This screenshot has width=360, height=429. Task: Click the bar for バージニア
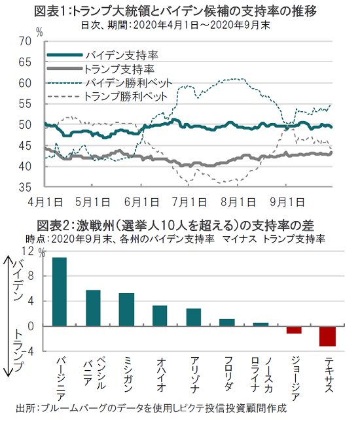(60, 292)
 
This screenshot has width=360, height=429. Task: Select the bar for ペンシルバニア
(93, 308)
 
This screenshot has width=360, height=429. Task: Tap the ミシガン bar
(126, 309)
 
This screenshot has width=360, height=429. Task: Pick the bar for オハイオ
(160, 316)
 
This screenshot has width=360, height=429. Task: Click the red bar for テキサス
(327, 336)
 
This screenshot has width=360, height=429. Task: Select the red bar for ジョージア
(294, 330)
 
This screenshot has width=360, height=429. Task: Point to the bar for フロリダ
(227, 322)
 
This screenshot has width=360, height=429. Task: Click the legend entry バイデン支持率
(103, 56)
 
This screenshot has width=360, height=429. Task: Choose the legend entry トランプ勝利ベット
(107, 97)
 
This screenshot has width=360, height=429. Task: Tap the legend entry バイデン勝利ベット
(110, 82)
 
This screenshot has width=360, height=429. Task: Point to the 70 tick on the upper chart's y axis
(25, 42)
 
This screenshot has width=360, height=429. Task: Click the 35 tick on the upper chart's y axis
(25, 188)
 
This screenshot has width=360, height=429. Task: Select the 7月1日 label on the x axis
(189, 203)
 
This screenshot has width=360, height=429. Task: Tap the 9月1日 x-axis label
(287, 203)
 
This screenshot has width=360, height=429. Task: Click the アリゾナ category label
(194, 375)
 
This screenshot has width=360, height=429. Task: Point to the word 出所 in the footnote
(26, 409)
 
